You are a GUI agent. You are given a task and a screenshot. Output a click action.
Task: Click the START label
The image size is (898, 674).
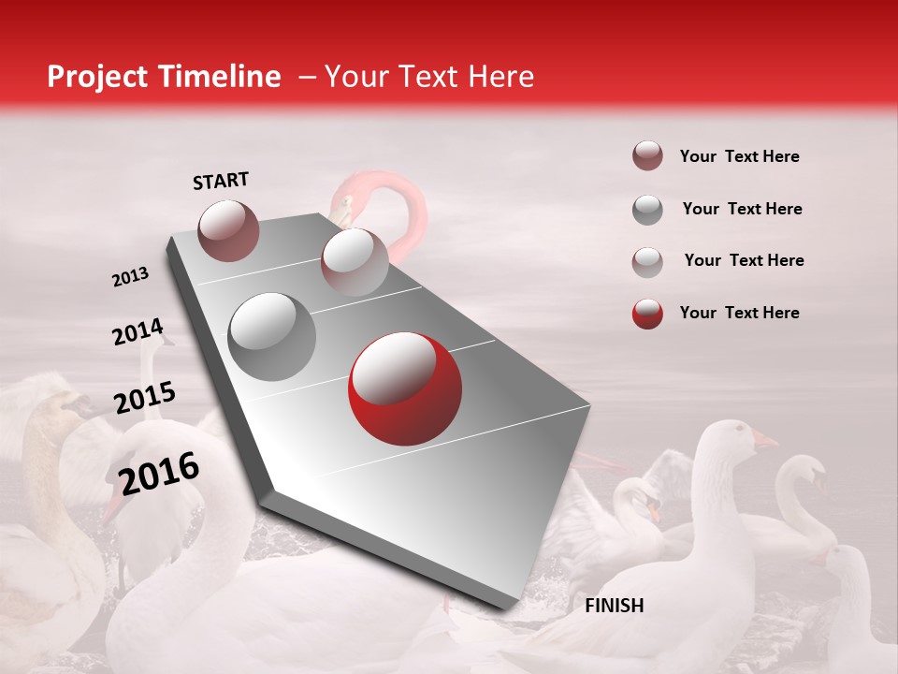[x=221, y=181]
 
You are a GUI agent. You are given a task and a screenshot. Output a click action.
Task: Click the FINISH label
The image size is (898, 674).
[x=614, y=606]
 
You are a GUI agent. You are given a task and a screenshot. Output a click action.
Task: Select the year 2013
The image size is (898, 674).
[x=130, y=277]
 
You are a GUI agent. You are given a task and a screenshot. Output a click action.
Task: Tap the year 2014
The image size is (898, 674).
[x=138, y=332]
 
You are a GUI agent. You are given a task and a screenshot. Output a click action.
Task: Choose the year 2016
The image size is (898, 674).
[x=159, y=473]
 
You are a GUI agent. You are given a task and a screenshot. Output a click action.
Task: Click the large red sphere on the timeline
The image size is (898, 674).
[x=404, y=388]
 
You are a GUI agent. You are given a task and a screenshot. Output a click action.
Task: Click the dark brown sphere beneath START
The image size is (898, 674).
[x=229, y=230]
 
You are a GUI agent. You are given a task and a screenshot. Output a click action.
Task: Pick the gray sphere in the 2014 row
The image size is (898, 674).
[x=271, y=336]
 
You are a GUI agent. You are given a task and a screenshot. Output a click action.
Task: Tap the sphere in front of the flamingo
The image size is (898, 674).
[x=355, y=261]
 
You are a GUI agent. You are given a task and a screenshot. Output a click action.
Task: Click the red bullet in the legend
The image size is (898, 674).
[x=647, y=314]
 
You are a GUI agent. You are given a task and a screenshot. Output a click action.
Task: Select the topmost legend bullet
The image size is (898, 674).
[x=647, y=156]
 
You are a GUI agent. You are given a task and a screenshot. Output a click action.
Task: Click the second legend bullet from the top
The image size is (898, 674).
[x=647, y=210]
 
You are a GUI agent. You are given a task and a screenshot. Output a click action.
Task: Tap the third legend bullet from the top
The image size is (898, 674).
[x=647, y=261]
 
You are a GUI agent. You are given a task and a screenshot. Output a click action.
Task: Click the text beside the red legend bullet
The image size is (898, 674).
[x=739, y=313]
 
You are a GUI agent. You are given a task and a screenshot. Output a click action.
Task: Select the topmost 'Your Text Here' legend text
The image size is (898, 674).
[x=739, y=156]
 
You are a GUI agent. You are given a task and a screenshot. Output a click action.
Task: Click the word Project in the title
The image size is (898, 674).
[x=95, y=77]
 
